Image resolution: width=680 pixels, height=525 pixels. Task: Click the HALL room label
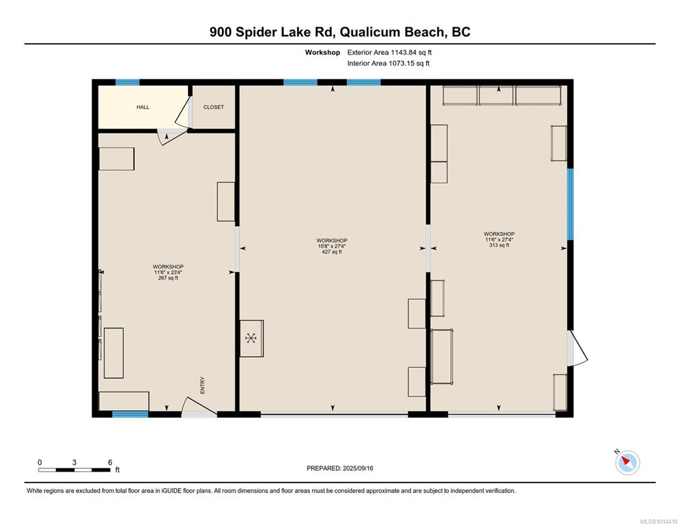[x=143, y=107]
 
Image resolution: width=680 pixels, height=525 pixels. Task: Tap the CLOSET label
[x=213, y=107]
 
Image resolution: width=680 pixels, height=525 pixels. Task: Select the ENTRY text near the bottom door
[x=202, y=386]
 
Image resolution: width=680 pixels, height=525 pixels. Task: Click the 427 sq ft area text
[x=332, y=252]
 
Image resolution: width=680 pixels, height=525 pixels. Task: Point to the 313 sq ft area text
[x=499, y=245]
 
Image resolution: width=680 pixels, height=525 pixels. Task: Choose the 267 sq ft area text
[x=168, y=278]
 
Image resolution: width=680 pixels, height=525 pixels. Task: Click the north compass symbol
[x=627, y=461]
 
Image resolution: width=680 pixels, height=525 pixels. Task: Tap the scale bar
[x=74, y=470]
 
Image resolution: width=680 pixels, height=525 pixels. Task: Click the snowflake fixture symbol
[x=251, y=338]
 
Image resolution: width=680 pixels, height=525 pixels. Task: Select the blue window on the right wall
[x=571, y=204]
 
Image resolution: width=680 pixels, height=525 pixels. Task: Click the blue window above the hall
[x=127, y=82]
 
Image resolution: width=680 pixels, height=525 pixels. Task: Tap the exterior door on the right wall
[x=577, y=348]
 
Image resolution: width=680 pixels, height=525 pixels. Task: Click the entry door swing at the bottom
[x=198, y=407]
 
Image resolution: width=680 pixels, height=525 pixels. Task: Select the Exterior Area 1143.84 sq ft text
[x=389, y=53]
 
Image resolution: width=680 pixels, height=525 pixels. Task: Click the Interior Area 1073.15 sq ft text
[x=389, y=64]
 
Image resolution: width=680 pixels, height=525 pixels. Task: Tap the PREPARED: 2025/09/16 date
[x=340, y=468]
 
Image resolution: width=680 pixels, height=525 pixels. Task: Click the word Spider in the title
[x=255, y=32]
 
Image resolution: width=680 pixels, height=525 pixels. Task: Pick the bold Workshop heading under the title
[x=322, y=53]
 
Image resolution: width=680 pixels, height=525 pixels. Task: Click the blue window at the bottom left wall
[x=130, y=414]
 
